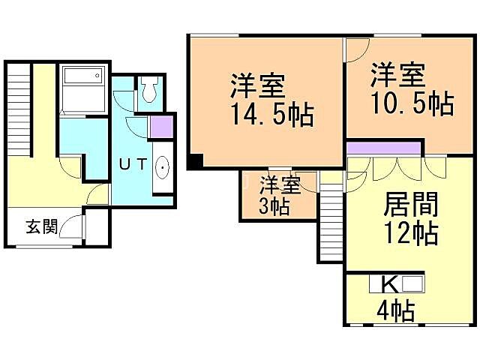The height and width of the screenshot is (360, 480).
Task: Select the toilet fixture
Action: pyautogui.click(x=148, y=90)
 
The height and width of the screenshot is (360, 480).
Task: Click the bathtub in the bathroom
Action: pyautogui.click(x=83, y=77)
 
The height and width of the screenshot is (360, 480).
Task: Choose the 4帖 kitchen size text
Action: pyautogui.click(x=394, y=310)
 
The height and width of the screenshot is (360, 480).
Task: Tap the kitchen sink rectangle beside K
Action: pyautogui.click(x=412, y=284)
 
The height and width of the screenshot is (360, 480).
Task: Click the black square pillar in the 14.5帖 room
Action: pyautogui.click(x=195, y=160)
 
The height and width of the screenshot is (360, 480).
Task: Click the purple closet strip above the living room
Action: pyautogui.click(x=385, y=147)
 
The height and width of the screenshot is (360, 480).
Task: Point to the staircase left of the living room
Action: pyautogui.click(x=330, y=223)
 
